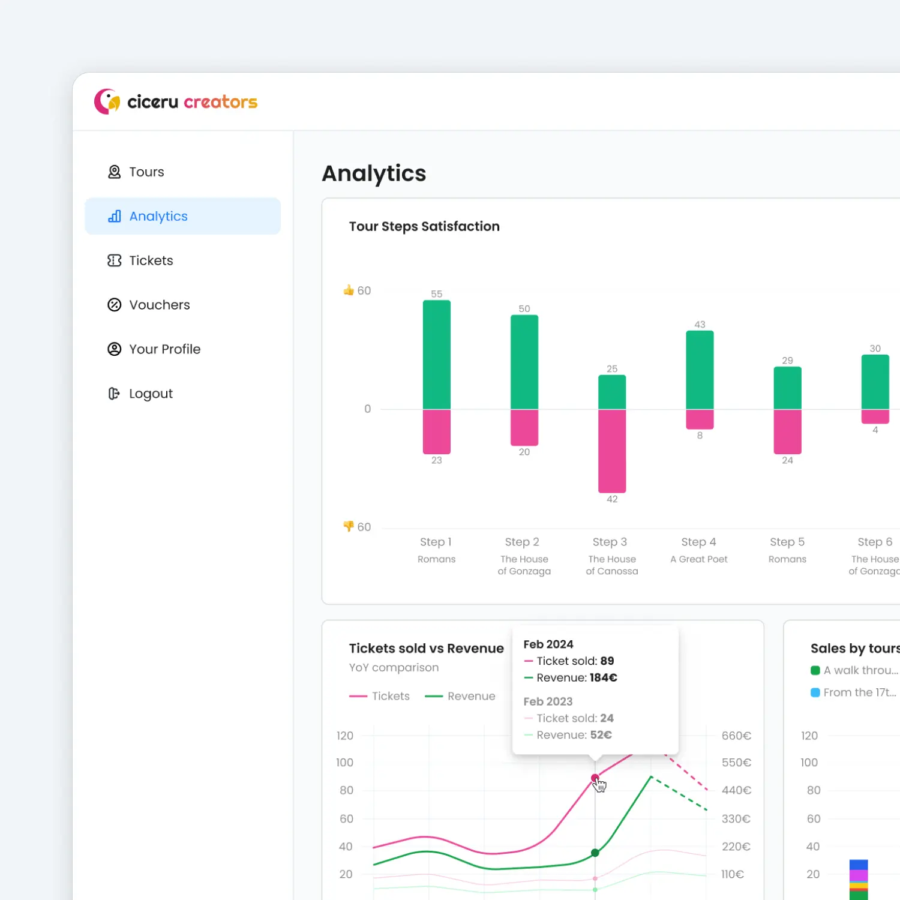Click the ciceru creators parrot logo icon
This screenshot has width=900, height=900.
tap(107, 101)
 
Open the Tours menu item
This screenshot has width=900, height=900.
tap(146, 172)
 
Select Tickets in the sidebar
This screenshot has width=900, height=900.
tap(151, 260)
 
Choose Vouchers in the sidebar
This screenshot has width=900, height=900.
tap(159, 305)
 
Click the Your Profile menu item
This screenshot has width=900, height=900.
tap(164, 349)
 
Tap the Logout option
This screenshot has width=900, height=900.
tap(150, 394)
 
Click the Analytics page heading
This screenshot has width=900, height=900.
tap(374, 173)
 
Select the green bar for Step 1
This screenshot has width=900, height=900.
tap(436, 355)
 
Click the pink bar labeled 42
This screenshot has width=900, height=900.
tap(611, 451)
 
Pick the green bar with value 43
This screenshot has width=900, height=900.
tap(700, 370)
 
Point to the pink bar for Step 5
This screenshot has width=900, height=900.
tap(787, 431)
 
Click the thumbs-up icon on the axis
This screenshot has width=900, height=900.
tap(349, 290)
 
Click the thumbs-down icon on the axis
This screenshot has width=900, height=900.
tap(349, 526)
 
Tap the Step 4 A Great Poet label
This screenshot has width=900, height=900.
tap(698, 550)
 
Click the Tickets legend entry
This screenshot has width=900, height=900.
tap(380, 696)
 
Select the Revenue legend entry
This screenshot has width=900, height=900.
tap(460, 696)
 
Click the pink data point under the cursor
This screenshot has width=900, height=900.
tap(595, 778)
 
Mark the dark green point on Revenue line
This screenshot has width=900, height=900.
tap(595, 853)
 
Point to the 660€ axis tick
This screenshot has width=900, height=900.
tap(736, 736)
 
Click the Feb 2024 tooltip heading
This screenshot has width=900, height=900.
tap(548, 644)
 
